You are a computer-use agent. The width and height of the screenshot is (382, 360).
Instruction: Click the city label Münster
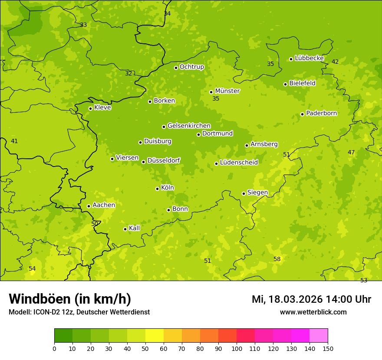227,91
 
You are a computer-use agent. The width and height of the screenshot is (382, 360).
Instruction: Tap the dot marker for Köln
157,189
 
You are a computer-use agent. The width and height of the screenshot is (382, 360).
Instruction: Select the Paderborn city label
322,113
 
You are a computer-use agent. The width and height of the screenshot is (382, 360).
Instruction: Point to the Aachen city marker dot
89,206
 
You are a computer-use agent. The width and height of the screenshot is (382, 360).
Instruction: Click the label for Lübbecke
310,58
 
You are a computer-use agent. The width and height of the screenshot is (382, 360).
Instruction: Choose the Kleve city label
102,108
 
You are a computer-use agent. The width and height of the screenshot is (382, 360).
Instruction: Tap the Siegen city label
257,193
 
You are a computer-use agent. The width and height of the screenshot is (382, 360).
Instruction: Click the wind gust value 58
277,259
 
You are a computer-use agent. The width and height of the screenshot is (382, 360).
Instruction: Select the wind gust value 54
32,269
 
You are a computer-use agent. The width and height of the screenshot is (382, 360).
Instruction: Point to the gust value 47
351,153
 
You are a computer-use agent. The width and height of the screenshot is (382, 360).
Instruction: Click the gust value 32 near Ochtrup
128,74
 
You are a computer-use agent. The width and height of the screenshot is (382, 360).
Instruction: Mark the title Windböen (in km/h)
70,299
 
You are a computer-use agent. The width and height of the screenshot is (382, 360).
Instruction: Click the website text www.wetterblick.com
313,312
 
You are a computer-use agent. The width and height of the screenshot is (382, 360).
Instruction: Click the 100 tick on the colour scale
237,348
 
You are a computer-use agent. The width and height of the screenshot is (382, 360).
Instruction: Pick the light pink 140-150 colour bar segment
319,336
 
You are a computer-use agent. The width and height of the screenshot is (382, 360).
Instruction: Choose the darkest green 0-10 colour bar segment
63,336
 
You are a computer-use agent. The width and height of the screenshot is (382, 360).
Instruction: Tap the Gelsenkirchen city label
189,126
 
